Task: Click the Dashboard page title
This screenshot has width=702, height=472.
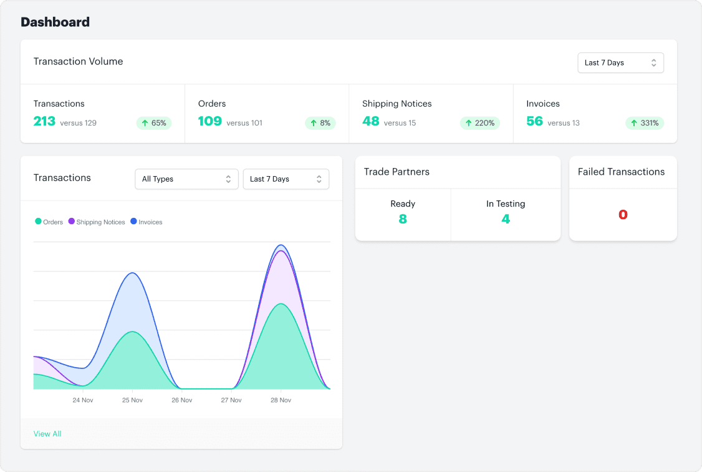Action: pos(55,22)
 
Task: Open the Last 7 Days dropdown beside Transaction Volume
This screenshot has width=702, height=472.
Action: pos(620,63)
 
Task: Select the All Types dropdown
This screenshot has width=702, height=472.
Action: pos(186,179)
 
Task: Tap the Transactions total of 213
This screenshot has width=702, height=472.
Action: pos(45,121)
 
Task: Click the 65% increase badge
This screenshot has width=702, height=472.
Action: pos(154,123)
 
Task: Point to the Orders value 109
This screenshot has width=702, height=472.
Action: pos(210,121)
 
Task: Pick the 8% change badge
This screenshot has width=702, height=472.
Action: pos(320,123)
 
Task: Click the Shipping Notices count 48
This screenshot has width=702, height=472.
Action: pos(371,121)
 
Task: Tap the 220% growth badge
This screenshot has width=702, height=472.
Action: pos(479,123)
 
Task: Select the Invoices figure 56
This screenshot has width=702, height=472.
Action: pos(535,121)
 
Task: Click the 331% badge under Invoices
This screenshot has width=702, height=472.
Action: pos(644,123)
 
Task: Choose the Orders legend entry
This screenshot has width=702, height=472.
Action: pos(49,222)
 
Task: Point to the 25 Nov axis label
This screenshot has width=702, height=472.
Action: pos(133,400)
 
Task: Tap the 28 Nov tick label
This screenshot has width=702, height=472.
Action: pos(281,400)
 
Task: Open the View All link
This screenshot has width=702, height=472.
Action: pos(47,434)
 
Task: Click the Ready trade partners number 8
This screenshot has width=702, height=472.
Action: pos(403,219)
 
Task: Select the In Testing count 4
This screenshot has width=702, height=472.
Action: pos(506,219)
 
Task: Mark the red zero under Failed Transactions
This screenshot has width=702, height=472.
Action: pos(623,215)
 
